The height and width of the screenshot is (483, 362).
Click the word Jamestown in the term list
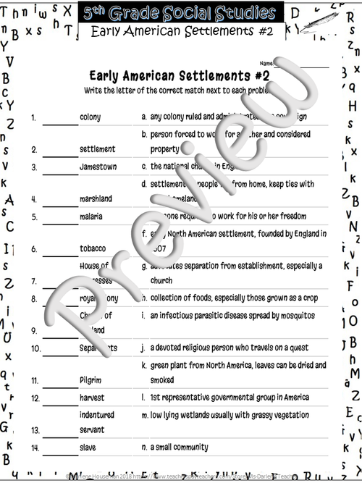tap(98, 167)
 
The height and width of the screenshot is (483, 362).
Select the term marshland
tap(96, 198)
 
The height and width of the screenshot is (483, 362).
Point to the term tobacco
tap(93, 248)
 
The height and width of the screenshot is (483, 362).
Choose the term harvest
tap(92, 398)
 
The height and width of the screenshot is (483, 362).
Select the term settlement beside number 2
tap(97, 149)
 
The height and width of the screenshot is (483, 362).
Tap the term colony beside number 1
tap(90, 117)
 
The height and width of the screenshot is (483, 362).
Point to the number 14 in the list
tap(35, 448)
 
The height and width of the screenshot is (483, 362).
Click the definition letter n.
tap(144, 448)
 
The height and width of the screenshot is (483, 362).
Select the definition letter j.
tap(143, 348)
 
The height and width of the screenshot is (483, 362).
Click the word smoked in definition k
tap(162, 379)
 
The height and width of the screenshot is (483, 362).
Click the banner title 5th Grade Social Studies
tap(180, 13)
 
